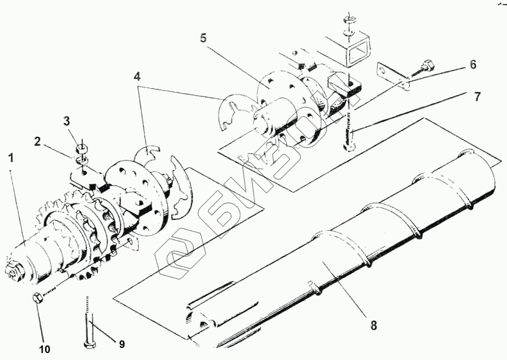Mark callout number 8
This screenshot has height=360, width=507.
click(373, 325)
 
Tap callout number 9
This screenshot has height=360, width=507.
click(121, 344)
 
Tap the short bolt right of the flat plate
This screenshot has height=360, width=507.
click(427, 65)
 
